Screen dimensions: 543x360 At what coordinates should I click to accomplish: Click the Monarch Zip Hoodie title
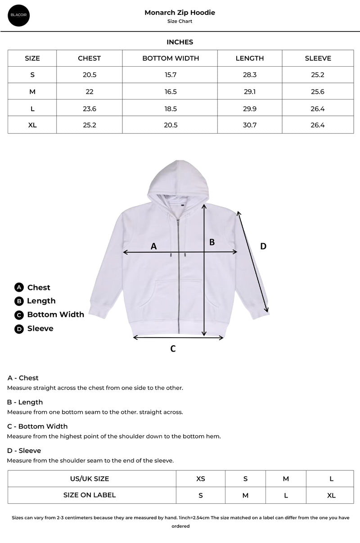pyautogui.click(x=180, y=13)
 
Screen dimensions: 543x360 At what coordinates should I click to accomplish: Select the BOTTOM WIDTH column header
pyautogui.click(x=171, y=58)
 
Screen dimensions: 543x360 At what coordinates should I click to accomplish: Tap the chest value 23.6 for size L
pyautogui.click(x=90, y=109)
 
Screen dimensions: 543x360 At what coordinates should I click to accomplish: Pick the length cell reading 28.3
pyautogui.click(x=250, y=75)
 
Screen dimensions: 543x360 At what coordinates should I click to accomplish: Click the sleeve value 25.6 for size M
pyautogui.click(x=318, y=92)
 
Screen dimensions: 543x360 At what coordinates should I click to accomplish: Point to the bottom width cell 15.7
pyautogui.click(x=171, y=75)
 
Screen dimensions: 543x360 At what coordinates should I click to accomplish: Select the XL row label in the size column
pyautogui.click(x=32, y=125)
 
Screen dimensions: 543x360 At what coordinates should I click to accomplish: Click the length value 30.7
pyautogui.click(x=250, y=125)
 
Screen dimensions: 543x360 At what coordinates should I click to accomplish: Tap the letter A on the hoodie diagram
pyautogui.click(x=153, y=246)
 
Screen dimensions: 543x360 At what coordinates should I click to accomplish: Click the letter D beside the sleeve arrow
pyautogui.click(x=263, y=246)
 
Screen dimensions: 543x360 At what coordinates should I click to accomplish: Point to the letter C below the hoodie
pyautogui.click(x=173, y=348)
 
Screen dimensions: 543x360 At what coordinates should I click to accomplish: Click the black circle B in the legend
pyautogui.click(x=19, y=301)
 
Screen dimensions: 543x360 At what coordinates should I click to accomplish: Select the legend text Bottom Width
pyautogui.click(x=55, y=315)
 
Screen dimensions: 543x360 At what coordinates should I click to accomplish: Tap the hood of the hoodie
pyautogui.click(x=179, y=180)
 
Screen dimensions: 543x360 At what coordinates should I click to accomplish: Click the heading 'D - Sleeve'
pyautogui.click(x=24, y=451)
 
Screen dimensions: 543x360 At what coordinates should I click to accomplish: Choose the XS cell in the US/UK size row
pyautogui.click(x=201, y=479)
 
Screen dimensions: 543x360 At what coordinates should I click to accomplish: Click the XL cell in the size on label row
pyautogui.click(x=331, y=495)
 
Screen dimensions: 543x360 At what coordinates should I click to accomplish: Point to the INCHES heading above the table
pyautogui.click(x=180, y=42)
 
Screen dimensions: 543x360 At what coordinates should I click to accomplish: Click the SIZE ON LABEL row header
pyautogui.click(x=90, y=495)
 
